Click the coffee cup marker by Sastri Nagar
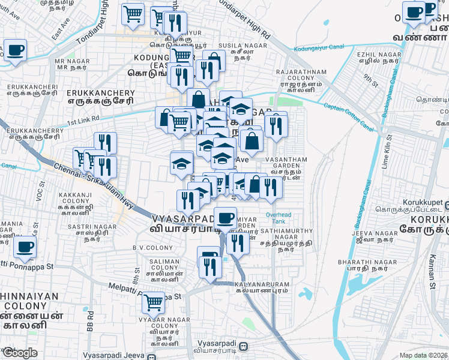click(25, 247)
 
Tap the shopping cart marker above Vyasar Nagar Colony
click(154, 302)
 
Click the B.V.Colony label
click(148, 248)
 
